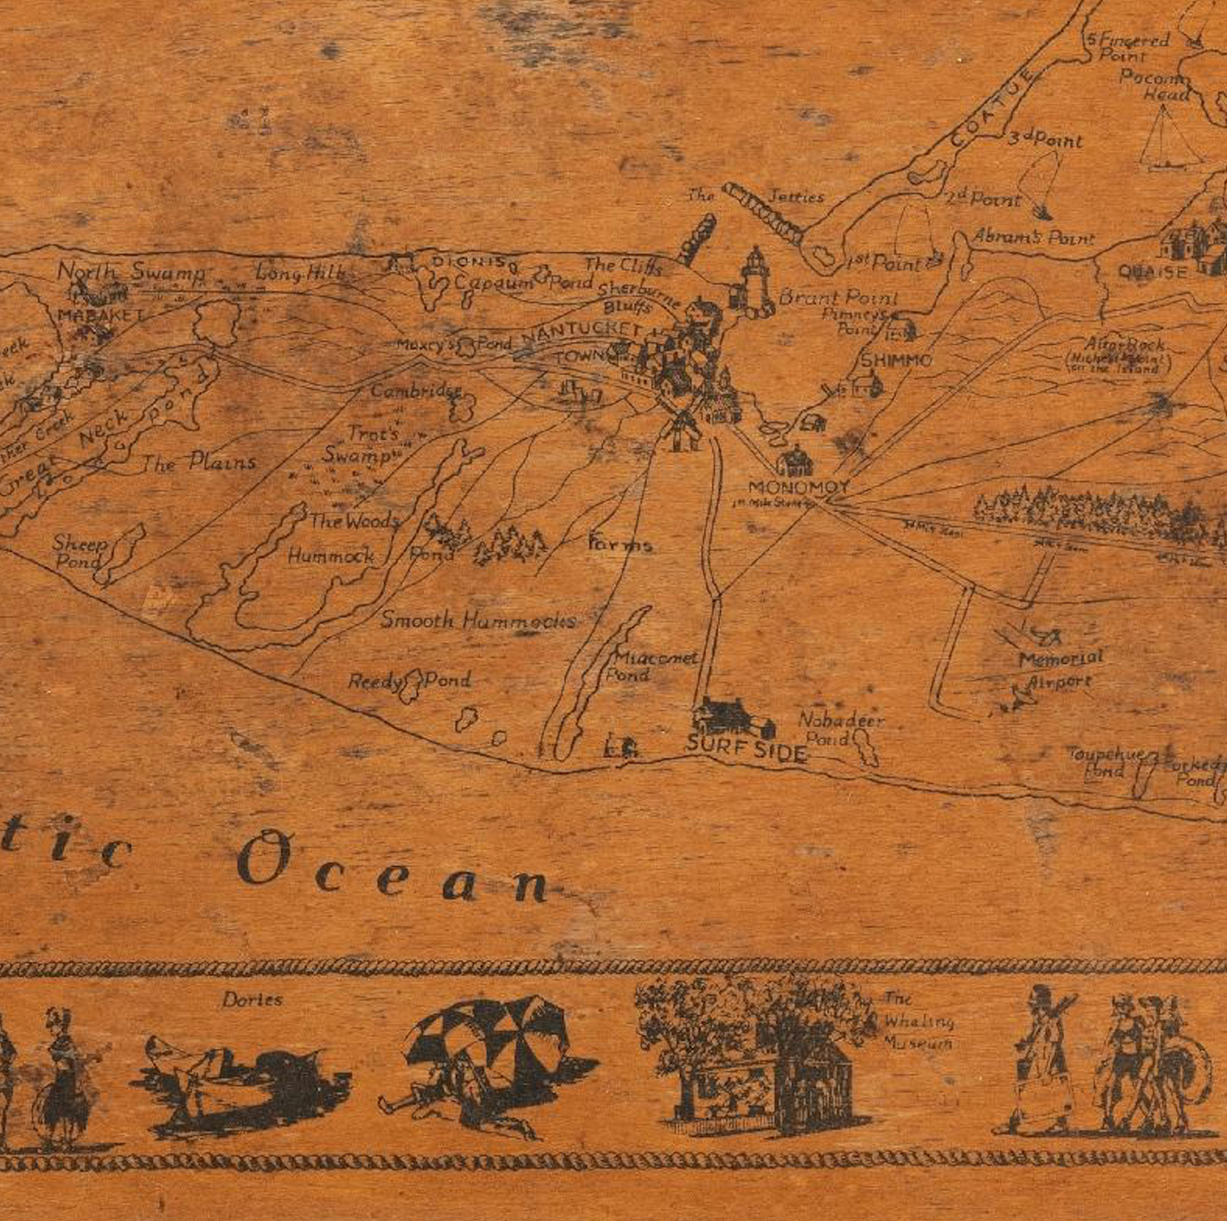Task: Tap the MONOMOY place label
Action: (x=797, y=487)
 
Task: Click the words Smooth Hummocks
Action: (x=478, y=621)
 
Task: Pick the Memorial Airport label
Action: (x=1060, y=669)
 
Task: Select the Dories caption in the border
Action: (x=252, y=999)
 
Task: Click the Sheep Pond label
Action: (x=80, y=552)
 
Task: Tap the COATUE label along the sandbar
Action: (x=993, y=108)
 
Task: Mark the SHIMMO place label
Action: (x=896, y=360)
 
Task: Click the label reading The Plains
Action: (x=199, y=463)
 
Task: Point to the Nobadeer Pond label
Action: (x=840, y=729)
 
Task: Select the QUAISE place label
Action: (x=1151, y=273)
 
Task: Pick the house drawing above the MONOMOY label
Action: (x=796, y=462)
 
